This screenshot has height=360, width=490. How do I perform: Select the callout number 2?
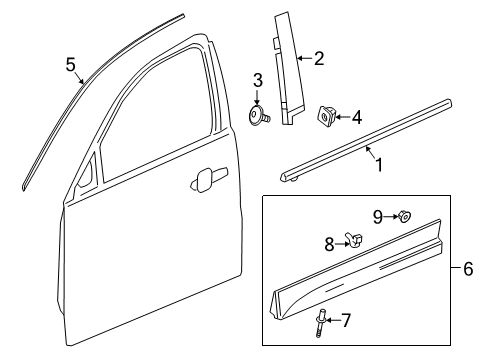coord(318,60)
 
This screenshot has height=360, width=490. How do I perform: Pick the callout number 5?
coord(70,65)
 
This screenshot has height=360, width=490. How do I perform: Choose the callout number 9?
coord(379,215)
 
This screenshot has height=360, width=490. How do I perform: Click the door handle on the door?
coord(204,180)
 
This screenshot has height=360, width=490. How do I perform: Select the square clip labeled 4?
coord(328,117)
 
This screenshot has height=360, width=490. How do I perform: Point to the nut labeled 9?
coord(405,216)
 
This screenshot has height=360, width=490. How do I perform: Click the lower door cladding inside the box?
coord(360,275)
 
